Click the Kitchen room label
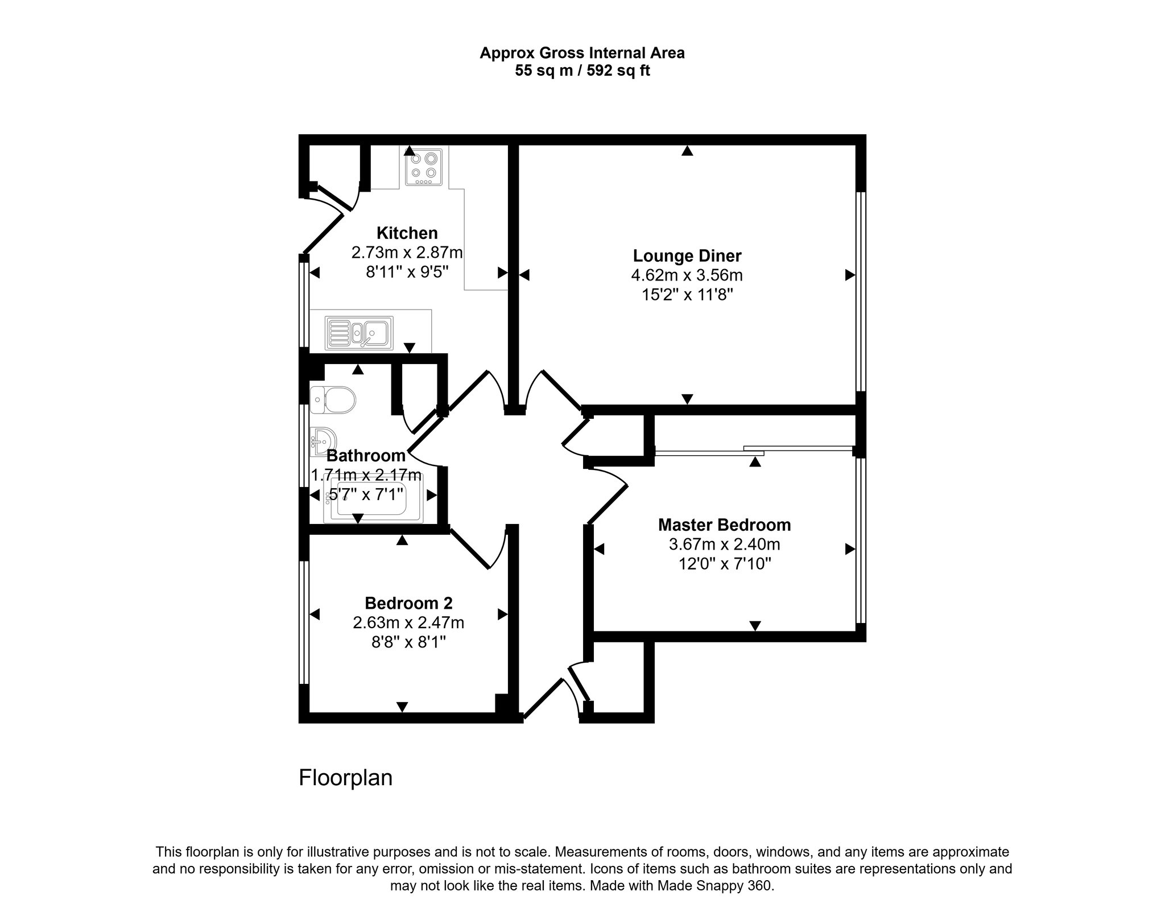pos(407,233)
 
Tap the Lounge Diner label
pos(687,256)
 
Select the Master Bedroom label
pos(724,525)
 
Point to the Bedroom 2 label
pos(408,603)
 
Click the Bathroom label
pos(366,456)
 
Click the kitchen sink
pos(359,333)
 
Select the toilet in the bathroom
pos(333,400)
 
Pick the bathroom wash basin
pos(323,442)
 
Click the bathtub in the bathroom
pos(373,502)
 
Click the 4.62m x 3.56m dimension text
pos(687,275)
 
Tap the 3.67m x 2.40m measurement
pos(724,544)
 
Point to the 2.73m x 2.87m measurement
pos(407,253)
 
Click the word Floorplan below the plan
pos(346,778)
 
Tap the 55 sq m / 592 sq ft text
pos(582,71)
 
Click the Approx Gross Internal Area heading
pos(582,53)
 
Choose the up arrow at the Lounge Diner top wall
pos(688,151)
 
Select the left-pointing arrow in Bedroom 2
pos(315,614)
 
